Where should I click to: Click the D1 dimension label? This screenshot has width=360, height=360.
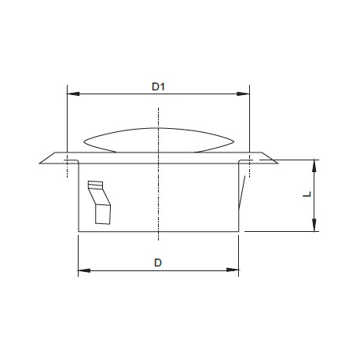coord(158,86)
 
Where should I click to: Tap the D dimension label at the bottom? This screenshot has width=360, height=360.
coord(158,263)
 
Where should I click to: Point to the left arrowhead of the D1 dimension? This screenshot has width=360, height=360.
coord(73,94)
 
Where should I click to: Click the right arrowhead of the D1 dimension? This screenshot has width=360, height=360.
coord(243,94)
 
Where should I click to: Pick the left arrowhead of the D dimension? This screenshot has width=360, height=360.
coord(84,270)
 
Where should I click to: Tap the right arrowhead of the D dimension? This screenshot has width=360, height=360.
coord(233,270)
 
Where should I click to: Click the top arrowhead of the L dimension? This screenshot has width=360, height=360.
coord(314,166)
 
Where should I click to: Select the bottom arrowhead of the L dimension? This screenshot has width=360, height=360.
coord(314,226)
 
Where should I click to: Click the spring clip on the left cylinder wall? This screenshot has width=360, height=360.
coord(100,202)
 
